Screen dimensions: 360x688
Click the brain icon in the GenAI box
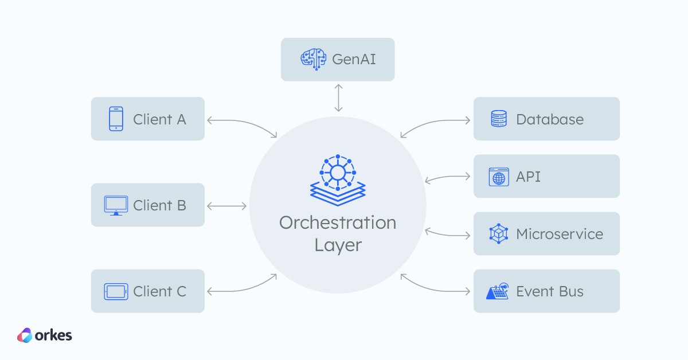[314, 59]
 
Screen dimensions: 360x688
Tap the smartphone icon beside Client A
[116, 119]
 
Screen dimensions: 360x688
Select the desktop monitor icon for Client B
[116, 205]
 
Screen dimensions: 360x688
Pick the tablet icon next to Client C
[116, 291]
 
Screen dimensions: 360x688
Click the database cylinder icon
[499, 119]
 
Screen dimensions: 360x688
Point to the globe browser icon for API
[499, 177]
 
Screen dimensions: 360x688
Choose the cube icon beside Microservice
[499, 234]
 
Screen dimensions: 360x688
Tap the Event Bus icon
[498, 291]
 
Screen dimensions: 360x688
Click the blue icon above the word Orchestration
[338, 177]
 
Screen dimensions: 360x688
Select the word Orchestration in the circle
[338, 222]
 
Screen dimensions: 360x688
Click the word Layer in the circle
[338, 245]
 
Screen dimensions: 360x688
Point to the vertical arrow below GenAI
[338, 98]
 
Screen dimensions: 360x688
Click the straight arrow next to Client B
[227, 205]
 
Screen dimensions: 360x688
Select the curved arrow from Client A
[241, 123]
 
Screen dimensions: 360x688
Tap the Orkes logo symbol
[25, 335]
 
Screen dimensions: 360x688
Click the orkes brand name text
[54, 335]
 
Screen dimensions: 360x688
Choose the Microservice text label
[560, 234]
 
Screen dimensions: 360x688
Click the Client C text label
[159, 291]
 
